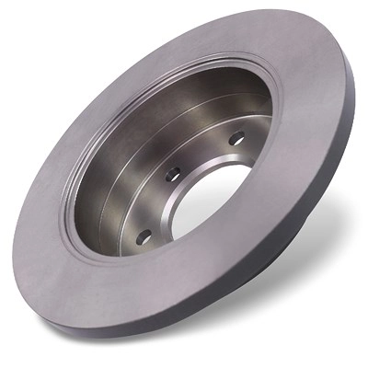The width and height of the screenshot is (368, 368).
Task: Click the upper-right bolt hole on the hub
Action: point(236,138)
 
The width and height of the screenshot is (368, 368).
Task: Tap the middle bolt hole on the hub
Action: point(172,174)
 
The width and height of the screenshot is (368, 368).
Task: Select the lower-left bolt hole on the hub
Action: point(144,236)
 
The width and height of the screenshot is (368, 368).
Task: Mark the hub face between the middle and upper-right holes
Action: point(204,154)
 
